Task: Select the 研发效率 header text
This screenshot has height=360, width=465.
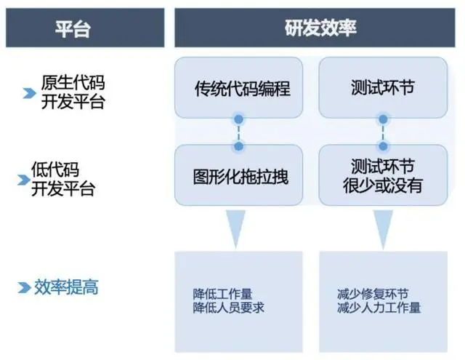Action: coord(320,28)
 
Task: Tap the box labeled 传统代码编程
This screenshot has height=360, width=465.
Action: coord(239,87)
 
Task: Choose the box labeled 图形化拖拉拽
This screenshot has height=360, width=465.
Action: coord(239,175)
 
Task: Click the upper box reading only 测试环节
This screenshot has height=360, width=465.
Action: coord(383,87)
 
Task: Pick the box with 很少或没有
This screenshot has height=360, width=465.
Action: coord(383,175)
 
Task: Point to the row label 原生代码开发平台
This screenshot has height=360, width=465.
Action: coord(73,92)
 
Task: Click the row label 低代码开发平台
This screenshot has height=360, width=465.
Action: coord(63,179)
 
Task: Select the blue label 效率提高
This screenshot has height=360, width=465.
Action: coord(66,287)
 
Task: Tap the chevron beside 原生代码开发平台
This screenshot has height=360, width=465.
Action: coord(29,93)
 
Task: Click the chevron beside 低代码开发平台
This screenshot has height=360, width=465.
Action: coord(24,180)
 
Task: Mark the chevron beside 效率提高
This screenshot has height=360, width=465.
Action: coord(24,287)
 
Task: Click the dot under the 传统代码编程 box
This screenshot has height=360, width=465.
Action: coord(239,119)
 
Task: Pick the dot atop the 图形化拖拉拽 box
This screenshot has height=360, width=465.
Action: coord(239,146)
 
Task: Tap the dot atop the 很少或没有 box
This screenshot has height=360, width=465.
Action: coord(383,146)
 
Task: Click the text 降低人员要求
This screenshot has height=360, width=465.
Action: coord(228,308)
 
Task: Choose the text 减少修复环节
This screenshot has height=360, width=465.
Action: coord(373,294)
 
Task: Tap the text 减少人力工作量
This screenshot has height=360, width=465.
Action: coord(379,308)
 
